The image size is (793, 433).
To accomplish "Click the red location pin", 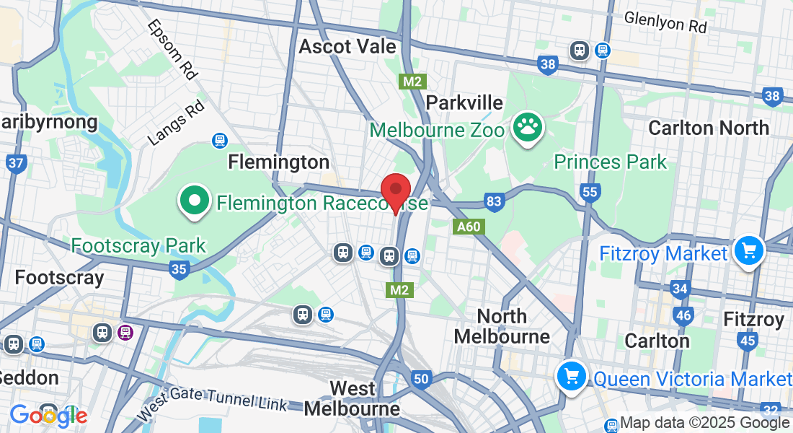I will [x=395, y=191].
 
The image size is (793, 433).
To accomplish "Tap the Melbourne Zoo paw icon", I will [x=528, y=128].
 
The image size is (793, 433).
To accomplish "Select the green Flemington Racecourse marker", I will [x=195, y=201].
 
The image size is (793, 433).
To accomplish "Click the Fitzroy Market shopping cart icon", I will [x=750, y=252].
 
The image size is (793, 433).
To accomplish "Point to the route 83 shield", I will [x=493, y=202].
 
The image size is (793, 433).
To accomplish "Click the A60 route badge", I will [x=468, y=227].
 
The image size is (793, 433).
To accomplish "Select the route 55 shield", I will [x=590, y=191].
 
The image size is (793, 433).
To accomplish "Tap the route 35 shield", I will [x=180, y=270].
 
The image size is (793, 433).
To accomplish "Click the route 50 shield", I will [x=421, y=378].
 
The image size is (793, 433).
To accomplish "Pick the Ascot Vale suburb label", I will [x=347, y=47].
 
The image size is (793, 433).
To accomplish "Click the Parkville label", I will [x=464, y=102].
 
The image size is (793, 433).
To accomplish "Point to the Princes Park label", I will [x=610, y=161].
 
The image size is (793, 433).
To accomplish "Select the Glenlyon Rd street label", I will [x=665, y=22].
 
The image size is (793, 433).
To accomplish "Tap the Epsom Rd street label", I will [x=172, y=48].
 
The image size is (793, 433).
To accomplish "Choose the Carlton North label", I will [x=709, y=128].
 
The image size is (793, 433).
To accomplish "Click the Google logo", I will [x=48, y=415].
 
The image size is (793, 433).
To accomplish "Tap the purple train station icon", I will [x=125, y=332].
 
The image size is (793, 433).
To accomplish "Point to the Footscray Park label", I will [x=138, y=245].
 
